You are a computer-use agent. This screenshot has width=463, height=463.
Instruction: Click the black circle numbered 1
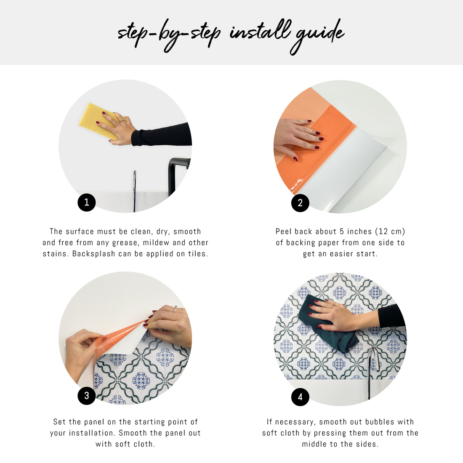pos(87,202)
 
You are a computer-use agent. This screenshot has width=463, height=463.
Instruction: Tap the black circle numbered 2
pos(300,203)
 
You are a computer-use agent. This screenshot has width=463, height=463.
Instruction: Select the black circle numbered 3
pos(87,396)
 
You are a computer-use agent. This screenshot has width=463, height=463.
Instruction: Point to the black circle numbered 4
pos(300,397)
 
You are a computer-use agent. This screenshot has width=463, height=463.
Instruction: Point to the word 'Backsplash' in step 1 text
pos(93,254)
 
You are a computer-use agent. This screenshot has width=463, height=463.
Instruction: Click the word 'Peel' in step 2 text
pos(283,231)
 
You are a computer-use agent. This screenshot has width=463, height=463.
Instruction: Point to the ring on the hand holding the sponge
pos(122,120)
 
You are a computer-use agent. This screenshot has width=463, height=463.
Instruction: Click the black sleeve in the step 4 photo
pos(391,317)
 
